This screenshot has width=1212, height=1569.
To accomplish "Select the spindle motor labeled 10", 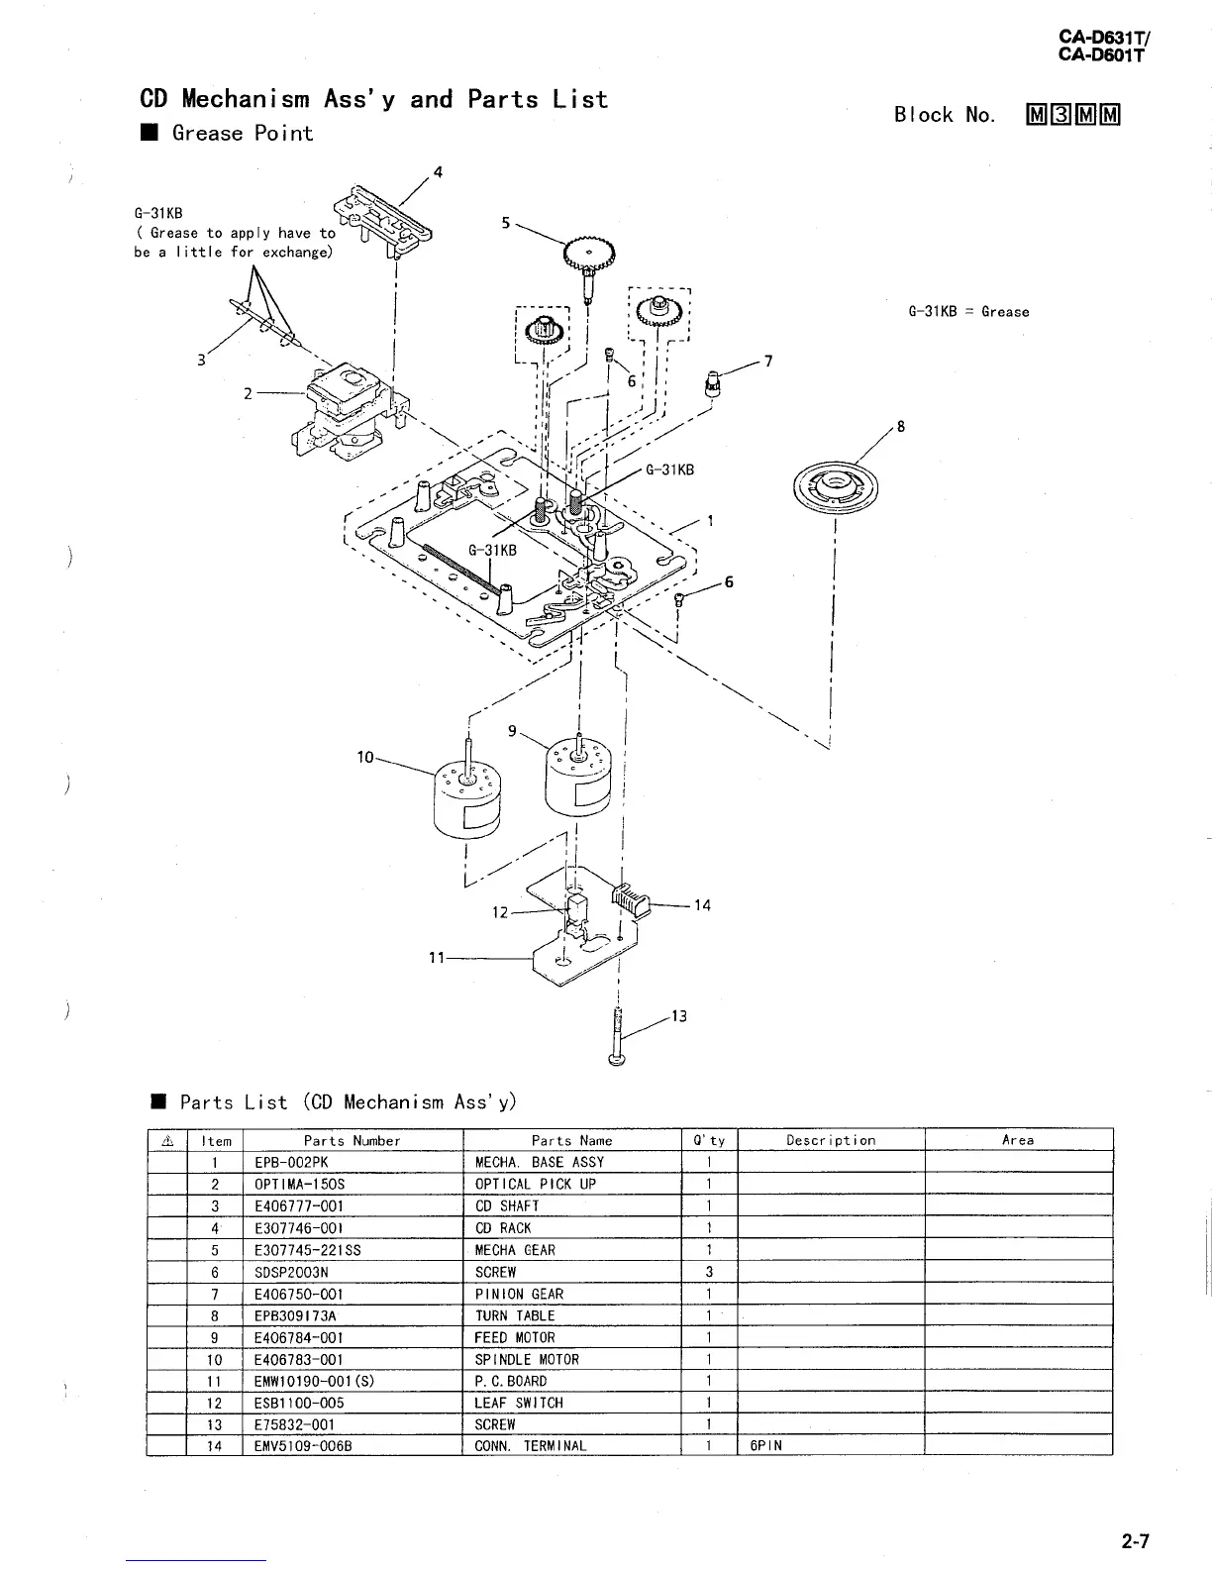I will coord(466,797).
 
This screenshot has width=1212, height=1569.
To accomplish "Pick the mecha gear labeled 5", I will coord(590,257).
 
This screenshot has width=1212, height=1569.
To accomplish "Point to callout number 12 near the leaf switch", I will coord(500,911).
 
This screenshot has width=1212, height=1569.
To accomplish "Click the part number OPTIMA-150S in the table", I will coord(300,1185).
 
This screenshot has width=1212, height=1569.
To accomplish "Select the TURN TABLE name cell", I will coord(515,1315).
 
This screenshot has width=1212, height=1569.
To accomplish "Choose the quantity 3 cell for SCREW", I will coord(710,1272).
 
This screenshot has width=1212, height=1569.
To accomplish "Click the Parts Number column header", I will coord(352,1140).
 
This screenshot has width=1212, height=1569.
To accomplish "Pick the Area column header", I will coord(1017,1140).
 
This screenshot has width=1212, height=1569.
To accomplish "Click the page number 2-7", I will coord(1136,1541).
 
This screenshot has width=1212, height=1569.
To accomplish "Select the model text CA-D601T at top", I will coord(1100,55).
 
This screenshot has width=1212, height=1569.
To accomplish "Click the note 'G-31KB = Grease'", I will coord(968,312).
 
